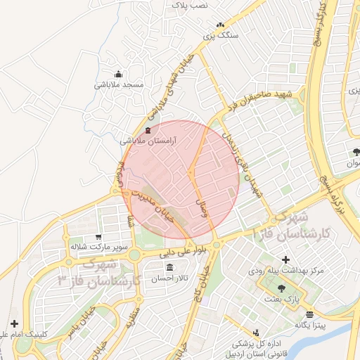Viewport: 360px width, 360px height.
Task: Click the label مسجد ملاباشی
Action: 119,84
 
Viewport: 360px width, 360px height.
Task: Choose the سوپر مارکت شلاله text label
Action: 98,247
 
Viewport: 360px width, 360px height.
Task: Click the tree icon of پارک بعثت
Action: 282,288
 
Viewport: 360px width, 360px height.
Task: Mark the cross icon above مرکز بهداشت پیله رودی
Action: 285,259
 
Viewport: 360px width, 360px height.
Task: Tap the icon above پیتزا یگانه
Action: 310,314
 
